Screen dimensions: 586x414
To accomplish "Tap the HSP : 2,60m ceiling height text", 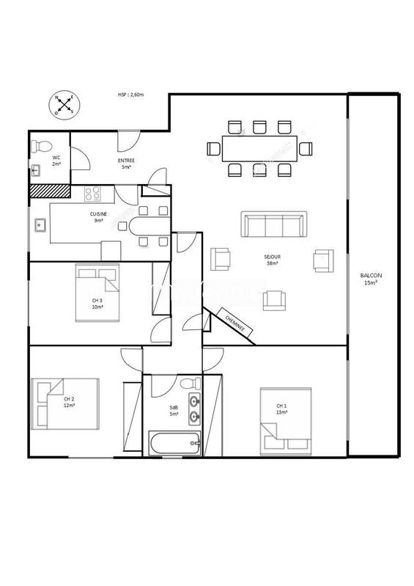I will point(131,95).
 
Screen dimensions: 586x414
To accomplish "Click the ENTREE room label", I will point(126,164).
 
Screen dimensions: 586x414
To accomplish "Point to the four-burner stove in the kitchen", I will point(94,194).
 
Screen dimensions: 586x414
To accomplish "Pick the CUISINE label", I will point(98,216).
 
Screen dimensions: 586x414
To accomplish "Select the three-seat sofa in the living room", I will point(275,225).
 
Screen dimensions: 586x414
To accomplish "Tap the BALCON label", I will point(371,279).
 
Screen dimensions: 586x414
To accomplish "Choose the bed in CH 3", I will point(97,293).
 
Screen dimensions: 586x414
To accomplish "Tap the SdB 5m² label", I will point(174,411).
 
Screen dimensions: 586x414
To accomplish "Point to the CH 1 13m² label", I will point(281,409).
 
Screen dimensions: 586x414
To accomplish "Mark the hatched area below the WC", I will point(48,191).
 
